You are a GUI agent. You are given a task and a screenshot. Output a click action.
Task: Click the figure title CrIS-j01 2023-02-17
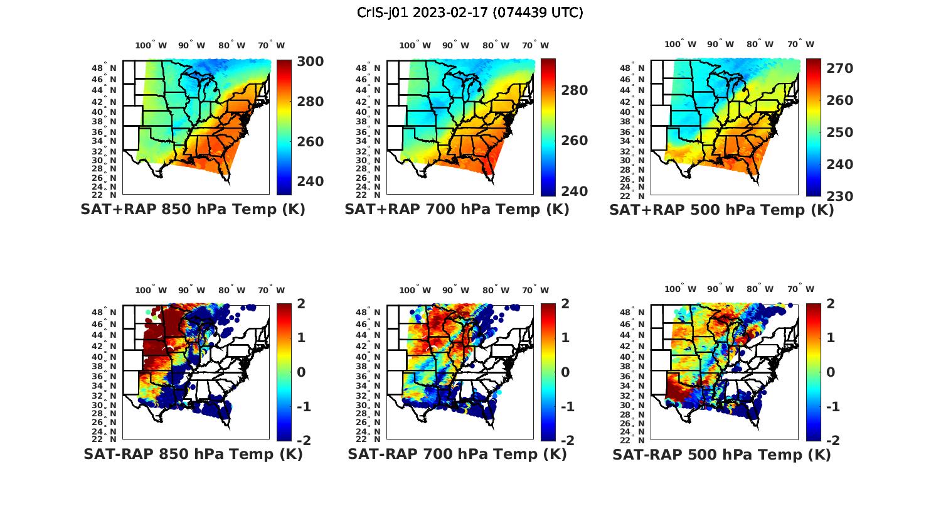(470, 13)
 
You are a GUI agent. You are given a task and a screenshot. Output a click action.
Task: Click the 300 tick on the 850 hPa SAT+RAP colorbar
(310, 62)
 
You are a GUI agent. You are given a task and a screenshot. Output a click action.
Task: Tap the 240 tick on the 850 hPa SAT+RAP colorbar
(310, 181)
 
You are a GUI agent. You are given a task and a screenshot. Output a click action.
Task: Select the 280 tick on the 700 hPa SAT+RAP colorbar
(574, 90)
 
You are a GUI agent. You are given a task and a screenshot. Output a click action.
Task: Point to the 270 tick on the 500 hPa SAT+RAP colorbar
(839, 68)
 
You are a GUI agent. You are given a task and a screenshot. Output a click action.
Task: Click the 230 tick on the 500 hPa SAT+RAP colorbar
(839, 197)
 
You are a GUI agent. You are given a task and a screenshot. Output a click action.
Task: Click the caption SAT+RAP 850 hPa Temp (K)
(193, 210)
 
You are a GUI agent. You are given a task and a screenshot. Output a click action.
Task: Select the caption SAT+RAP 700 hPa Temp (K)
(457, 210)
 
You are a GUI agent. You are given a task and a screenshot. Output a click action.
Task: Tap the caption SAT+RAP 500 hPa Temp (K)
(721, 210)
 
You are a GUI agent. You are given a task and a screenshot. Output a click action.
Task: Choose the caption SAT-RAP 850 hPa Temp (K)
(193, 455)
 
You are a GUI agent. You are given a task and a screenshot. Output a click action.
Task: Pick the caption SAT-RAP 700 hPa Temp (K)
(457, 455)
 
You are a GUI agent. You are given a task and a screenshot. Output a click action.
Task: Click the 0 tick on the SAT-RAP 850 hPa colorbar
(300, 372)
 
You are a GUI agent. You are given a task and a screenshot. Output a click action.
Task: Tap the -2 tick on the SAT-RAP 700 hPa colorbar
(565, 441)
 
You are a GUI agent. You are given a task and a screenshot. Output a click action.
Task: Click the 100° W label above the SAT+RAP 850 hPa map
(151, 45)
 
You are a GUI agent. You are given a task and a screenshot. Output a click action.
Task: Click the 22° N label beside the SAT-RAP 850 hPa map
(104, 440)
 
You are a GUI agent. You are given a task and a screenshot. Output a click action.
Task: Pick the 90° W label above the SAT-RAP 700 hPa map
(455, 290)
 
